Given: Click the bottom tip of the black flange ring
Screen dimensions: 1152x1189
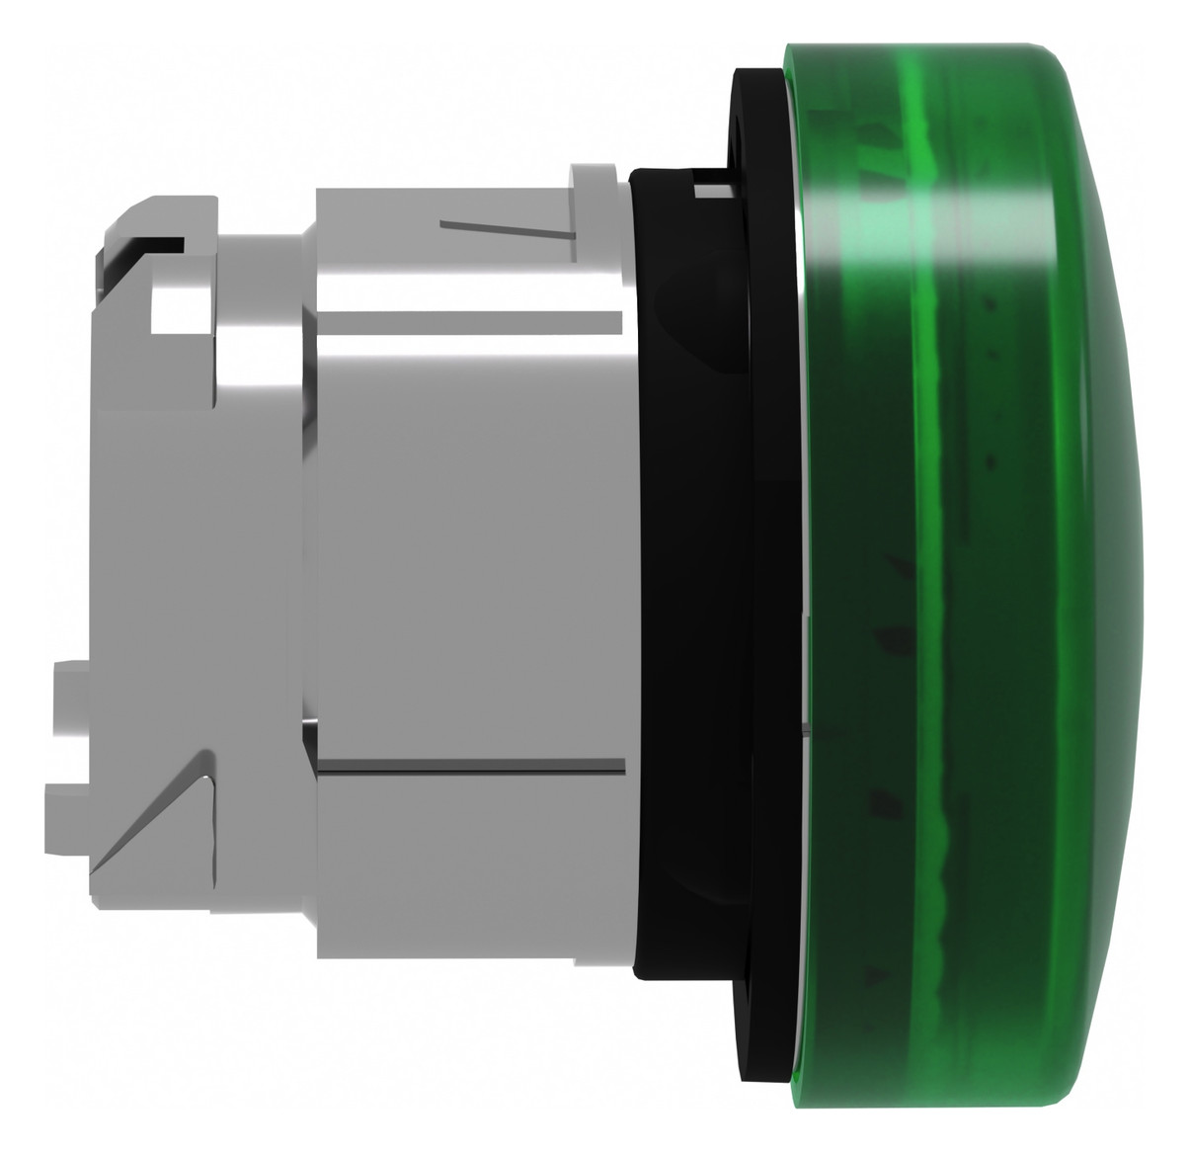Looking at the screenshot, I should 765,1088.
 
